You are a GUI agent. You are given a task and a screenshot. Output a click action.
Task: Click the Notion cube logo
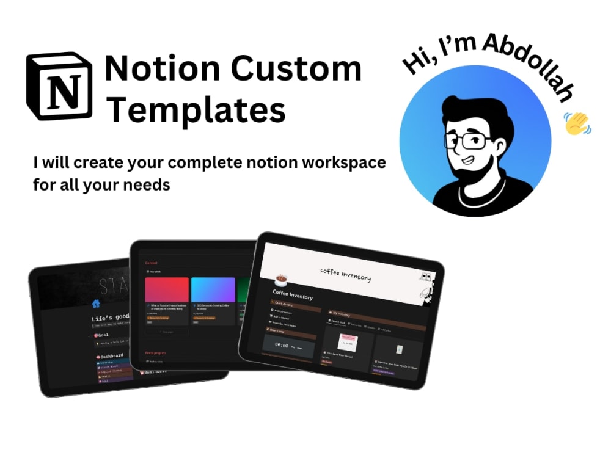click(59, 85)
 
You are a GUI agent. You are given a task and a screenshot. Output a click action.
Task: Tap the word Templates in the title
click(197, 111)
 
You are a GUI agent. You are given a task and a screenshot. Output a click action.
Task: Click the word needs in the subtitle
click(147, 184)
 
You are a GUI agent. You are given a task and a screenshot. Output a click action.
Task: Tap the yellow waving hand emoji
click(576, 123)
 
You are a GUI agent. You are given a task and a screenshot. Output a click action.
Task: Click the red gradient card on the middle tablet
click(167, 289)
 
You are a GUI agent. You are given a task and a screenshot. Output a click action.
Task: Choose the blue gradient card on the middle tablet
click(213, 289)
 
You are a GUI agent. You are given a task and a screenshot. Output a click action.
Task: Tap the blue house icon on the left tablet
click(95, 304)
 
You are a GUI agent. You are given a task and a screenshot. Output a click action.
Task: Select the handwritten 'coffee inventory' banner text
click(345, 274)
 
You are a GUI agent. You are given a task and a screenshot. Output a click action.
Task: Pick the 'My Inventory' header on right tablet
click(342, 313)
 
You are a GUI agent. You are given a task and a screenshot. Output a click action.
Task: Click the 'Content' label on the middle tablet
click(151, 263)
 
